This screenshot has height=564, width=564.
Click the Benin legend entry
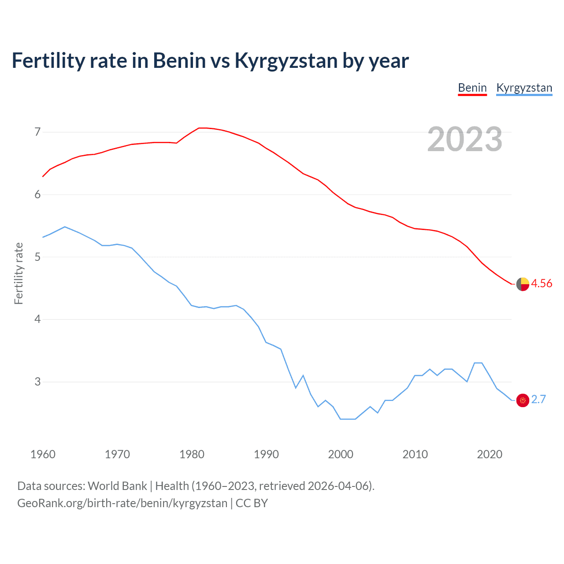pos(472,88)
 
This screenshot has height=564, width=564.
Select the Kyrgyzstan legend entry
pos(524,88)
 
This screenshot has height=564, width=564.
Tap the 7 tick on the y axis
pos(37,132)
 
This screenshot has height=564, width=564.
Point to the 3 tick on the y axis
pos(37,382)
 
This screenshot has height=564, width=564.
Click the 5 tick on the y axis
pos(37,257)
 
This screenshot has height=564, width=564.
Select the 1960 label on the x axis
pos(43,454)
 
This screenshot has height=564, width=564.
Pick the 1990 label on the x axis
pos(266,454)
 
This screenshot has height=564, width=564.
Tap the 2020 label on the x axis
pos(490,454)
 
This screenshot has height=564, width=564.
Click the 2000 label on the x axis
pos(341,454)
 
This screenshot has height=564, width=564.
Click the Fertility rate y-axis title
pos(19,273)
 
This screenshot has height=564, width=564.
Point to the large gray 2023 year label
pos(464,139)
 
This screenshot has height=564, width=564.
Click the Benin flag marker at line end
pos(523,284)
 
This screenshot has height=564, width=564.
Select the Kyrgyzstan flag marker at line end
pos(523,400)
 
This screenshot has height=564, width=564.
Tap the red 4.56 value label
pos(542,283)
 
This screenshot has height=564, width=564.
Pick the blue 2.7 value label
pos(538,399)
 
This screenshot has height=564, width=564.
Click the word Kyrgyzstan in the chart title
pos(286,61)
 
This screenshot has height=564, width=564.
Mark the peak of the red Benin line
pos(202,128)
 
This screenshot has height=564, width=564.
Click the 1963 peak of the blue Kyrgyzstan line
pos(65,227)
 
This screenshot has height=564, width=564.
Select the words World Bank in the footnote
pos(117,486)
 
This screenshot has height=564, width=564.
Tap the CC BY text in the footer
pos(252,503)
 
